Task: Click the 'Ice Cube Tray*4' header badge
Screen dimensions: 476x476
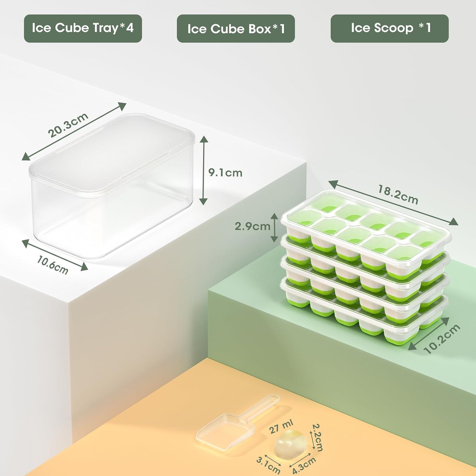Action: click(83, 28)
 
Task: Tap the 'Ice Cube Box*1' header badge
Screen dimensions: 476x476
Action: click(235, 29)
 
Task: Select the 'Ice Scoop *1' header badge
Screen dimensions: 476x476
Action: click(389, 28)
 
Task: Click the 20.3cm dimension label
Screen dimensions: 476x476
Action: click(68, 125)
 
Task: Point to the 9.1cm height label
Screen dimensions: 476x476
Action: click(225, 173)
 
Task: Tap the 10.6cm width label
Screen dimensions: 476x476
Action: click(52, 265)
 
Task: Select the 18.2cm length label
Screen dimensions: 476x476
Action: click(398, 194)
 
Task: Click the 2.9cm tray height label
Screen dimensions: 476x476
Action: click(252, 226)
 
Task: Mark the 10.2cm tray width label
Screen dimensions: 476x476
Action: click(442, 339)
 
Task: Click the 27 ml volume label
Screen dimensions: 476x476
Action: click(281, 427)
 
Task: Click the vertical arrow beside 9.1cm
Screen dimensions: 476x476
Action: click(203, 170)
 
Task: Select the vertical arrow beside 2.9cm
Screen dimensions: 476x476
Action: click(274, 227)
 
